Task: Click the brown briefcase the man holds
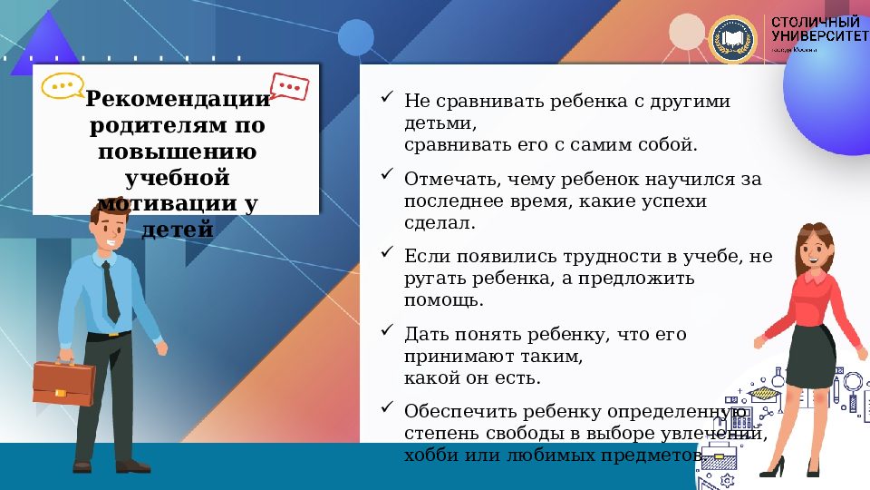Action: coord(63,382)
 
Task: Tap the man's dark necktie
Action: coord(111,289)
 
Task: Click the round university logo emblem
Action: coord(733,39)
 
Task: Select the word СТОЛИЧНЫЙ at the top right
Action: coord(815,21)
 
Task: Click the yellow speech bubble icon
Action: coord(63,86)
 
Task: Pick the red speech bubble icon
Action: coord(290,86)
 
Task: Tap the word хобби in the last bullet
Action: coord(430,456)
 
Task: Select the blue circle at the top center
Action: coord(355,37)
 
